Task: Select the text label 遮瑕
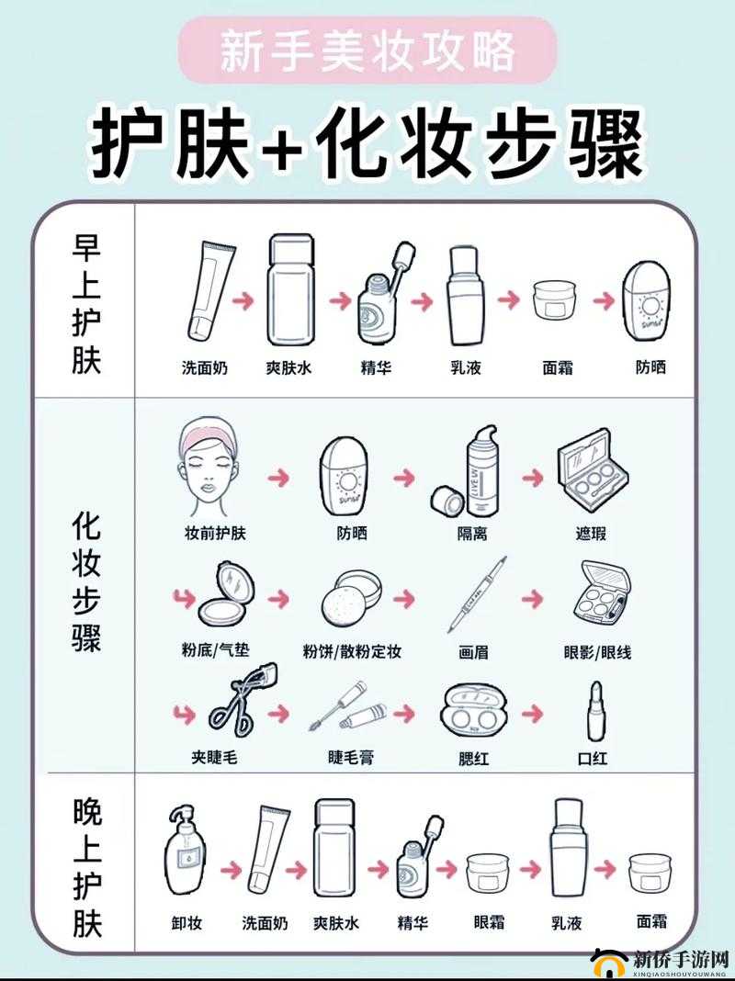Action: [x=591, y=534]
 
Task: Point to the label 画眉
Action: [x=473, y=652]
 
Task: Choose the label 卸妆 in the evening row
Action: [x=187, y=922]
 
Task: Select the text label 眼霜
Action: [x=488, y=922]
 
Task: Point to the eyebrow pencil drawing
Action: [x=478, y=594]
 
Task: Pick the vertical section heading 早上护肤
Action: [x=86, y=304]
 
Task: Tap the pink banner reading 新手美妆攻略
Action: [x=367, y=51]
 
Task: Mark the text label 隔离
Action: [x=472, y=534]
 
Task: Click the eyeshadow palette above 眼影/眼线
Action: [x=602, y=592]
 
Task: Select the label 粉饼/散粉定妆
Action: [x=352, y=651]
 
